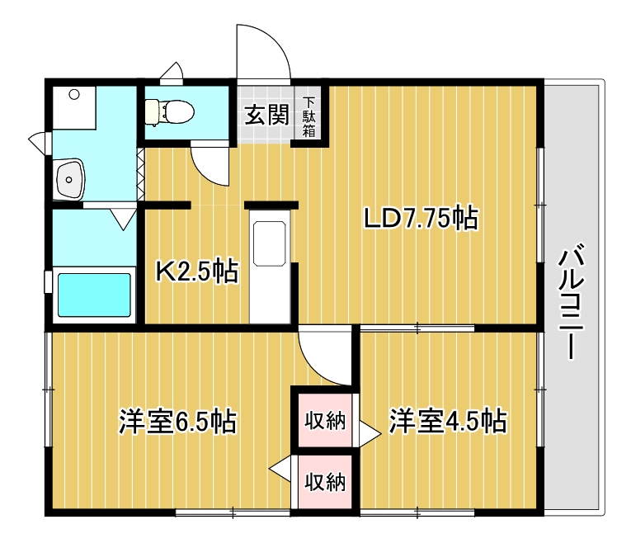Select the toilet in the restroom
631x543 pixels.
[168, 109]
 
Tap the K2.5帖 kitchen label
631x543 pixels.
[197, 270]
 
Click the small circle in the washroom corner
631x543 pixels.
[74, 95]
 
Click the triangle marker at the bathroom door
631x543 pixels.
[125, 218]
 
